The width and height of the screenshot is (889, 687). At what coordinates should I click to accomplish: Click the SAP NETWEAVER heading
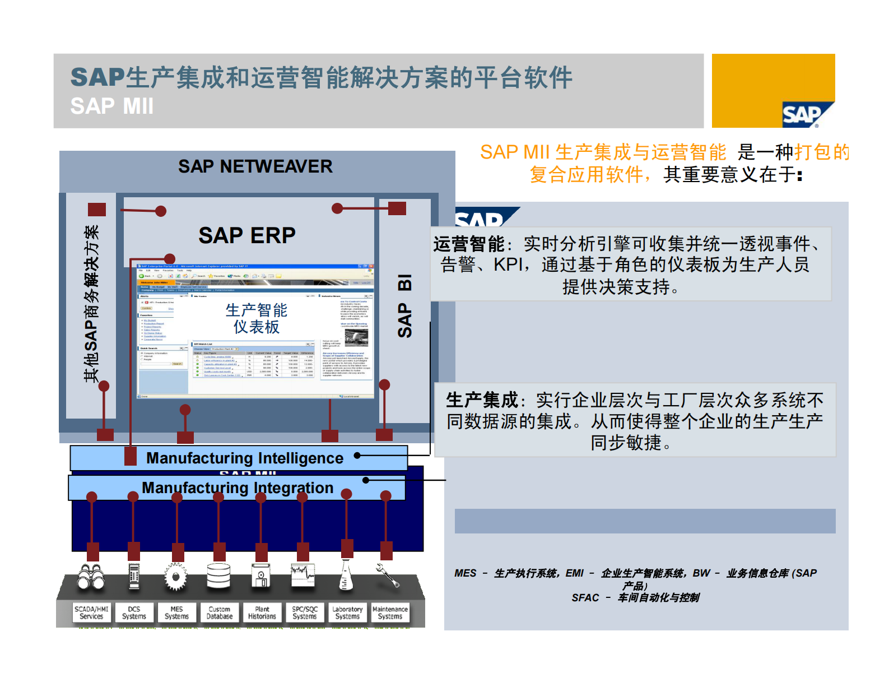[255, 166]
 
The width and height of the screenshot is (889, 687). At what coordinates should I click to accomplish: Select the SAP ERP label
[246, 235]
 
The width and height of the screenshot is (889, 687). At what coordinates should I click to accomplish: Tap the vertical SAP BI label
[404, 305]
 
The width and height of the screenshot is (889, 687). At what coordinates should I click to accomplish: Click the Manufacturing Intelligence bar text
[245, 458]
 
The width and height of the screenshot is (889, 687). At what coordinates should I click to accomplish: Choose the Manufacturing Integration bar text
[238, 488]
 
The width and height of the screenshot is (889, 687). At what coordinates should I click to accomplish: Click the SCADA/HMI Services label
[91, 612]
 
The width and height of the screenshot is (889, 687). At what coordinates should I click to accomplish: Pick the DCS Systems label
[134, 612]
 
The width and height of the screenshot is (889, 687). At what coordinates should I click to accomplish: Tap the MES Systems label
[176, 612]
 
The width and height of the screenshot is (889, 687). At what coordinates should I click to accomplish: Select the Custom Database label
[220, 612]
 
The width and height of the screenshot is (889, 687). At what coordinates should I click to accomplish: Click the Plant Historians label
[262, 612]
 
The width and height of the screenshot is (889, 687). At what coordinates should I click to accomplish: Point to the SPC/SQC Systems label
[305, 612]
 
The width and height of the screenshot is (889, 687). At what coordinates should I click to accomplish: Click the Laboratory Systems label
[347, 612]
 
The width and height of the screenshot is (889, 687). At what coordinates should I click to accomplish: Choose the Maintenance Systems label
[390, 612]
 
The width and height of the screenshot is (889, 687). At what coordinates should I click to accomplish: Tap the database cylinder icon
[219, 576]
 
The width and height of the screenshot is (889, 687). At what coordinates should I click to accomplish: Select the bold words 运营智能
[469, 244]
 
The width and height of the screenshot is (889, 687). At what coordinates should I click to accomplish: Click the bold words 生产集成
[482, 400]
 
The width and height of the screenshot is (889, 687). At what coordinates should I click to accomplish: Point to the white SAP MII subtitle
[112, 106]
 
